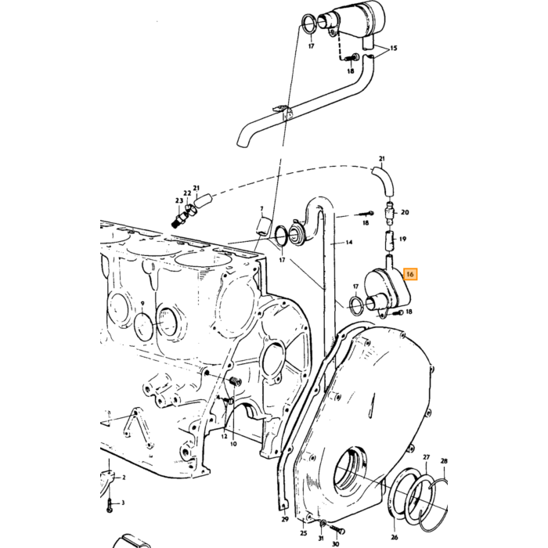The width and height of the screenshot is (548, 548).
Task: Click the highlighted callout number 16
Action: [410, 274]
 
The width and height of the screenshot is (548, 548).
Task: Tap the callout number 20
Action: [405, 212]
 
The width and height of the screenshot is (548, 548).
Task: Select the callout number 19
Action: [402, 239]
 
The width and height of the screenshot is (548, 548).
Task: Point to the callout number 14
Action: [349, 242]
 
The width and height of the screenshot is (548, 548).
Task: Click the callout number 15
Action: [394, 48]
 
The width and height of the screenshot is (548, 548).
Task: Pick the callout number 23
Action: [179, 200]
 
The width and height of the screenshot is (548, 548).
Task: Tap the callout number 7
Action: [261, 209]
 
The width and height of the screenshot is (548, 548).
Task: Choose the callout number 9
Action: [142, 304]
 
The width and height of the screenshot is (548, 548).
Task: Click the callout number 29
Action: [285, 519]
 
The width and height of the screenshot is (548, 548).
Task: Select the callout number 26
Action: [395, 537]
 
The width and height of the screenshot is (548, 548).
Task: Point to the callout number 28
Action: [444, 461]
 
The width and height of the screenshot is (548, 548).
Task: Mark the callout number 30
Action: [336, 544]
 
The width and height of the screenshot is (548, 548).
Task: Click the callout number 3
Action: [123, 503]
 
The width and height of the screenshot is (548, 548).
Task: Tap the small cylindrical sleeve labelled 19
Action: [390, 241]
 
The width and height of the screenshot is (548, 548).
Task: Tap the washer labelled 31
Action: [323, 523]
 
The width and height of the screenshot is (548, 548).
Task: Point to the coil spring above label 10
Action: [236, 381]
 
